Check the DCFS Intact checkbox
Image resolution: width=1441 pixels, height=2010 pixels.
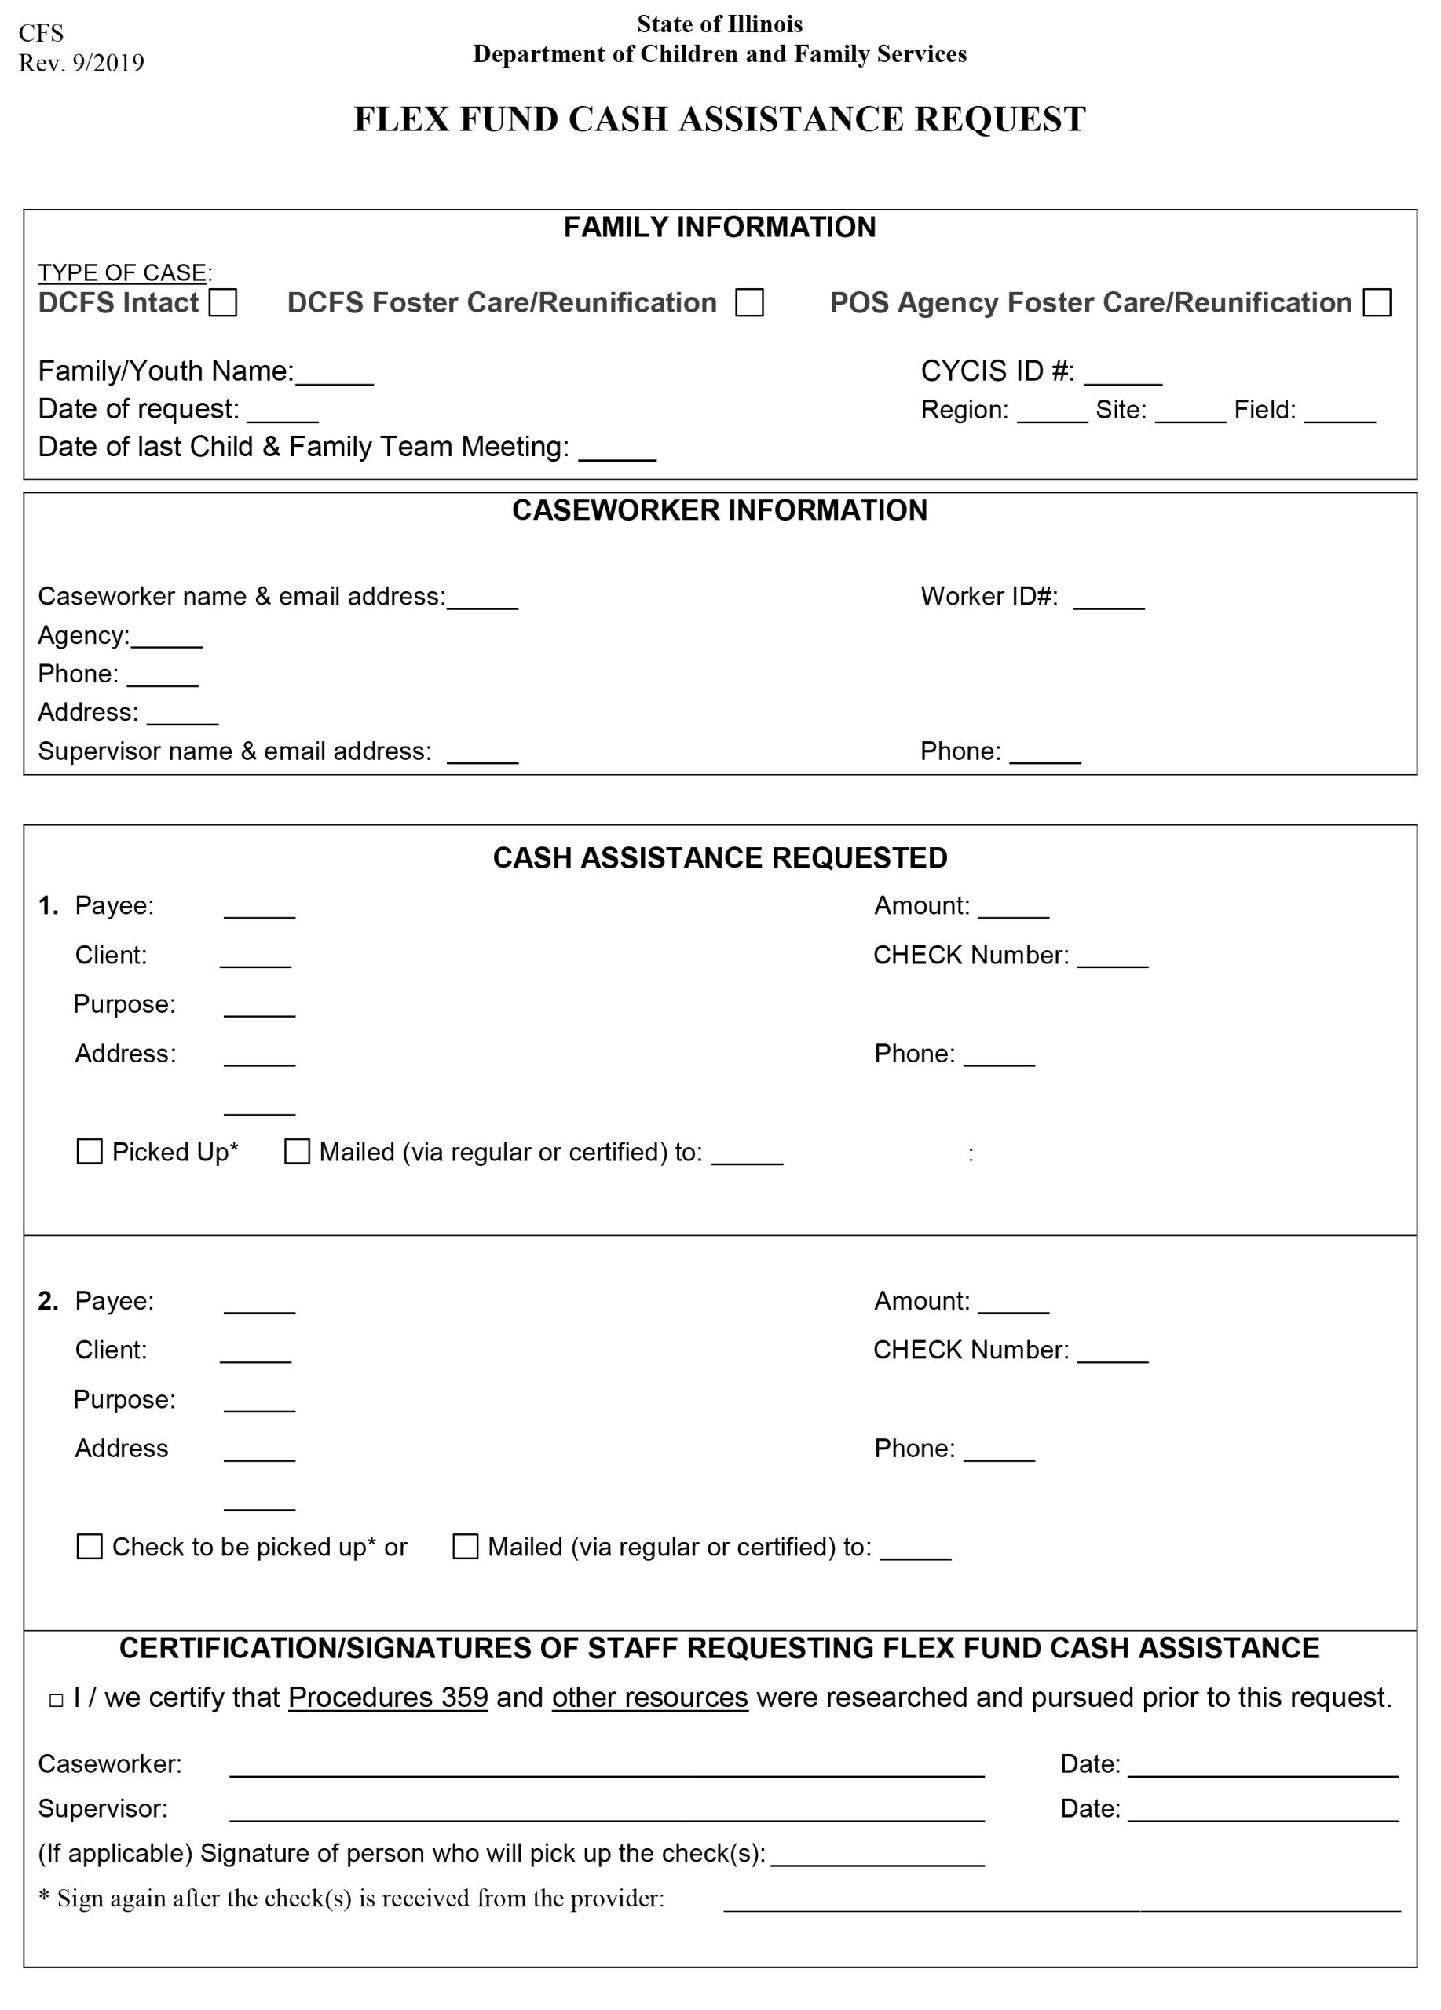pyautogui.click(x=222, y=302)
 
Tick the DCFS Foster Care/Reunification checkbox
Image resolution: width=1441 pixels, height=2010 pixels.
pyautogui.click(x=749, y=302)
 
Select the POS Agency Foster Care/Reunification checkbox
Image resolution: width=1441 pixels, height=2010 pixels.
pyautogui.click(x=1377, y=302)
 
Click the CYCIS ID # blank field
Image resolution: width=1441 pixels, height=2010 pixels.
pyautogui.click(x=1123, y=375)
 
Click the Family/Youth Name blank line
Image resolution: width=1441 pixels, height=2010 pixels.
pyautogui.click(x=334, y=375)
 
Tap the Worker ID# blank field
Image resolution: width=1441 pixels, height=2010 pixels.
pyautogui.click(x=1109, y=599)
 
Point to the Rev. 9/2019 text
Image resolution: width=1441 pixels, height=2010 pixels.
pyautogui.click(x=82, y=63)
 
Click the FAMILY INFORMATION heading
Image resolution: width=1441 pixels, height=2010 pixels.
pyautogui.click(x=719, y=228)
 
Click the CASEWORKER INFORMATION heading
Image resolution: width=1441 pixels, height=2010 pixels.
pyautogui.click(x=719, y=510)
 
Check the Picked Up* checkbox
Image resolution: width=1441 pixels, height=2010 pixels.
pyautogui.click(x=90, y=1152)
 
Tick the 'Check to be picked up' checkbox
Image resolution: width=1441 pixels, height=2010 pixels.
pyautogui.click(x=90, y=1548)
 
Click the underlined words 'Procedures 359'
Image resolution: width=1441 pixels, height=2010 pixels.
pyautogui.click(x=388, y=1698)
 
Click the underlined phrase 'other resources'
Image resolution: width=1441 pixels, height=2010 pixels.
pyautogui.click(x=649, y=1698)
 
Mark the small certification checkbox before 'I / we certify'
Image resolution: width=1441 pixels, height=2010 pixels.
pyautogui.click(x=57, y=1701)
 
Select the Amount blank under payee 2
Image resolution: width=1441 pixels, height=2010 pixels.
pyautogui.click(x=1013, y=1303)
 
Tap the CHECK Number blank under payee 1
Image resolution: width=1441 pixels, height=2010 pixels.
pyautogui.click(x=1112, y=958)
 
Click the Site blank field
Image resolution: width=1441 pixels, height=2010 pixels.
pyautogui.click(x=1190, y=413)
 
